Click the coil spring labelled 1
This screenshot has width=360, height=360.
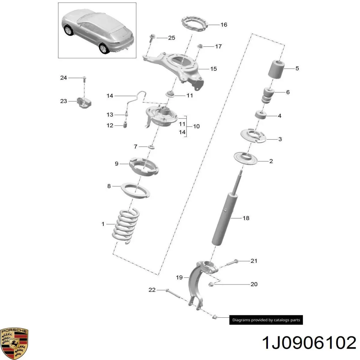[126, 226]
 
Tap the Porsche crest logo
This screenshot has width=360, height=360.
[14, 343]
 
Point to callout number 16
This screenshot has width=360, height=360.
[224, 25]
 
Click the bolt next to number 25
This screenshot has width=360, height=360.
[151, 39]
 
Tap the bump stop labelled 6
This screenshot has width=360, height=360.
[268, 95]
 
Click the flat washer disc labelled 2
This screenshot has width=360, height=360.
[245, 158]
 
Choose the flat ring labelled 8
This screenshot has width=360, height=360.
[136, 190]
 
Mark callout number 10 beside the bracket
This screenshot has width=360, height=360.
[196, 126]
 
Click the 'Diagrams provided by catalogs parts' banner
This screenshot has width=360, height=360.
[266, 320]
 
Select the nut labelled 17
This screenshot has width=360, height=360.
[200, 46]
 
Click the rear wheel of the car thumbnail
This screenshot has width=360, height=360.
[104, 49]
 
